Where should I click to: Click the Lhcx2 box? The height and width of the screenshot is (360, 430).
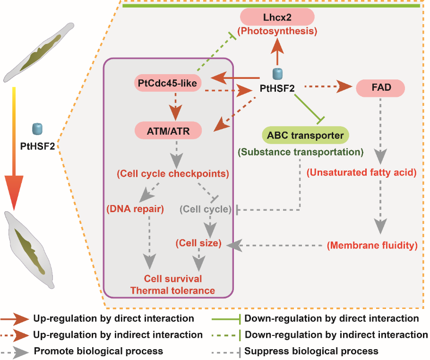pos(277,17)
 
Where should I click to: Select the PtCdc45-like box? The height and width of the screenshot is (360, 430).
pos(168,83)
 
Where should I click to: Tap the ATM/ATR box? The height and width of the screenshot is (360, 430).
pos(168,131)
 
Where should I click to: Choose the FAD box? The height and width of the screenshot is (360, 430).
pos(380,88)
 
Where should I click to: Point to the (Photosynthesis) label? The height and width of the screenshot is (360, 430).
pos(277,32)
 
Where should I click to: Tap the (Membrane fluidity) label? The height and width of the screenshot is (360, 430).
pos(371,245)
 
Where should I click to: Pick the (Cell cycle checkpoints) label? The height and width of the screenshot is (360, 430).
pos(172,173)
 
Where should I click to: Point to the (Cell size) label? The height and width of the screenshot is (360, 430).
pos(198,243)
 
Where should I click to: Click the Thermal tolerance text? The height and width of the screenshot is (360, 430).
pos(172,291)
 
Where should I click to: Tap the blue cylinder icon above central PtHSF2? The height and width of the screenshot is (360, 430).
pos(278,74)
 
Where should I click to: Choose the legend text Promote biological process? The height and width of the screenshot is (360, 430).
pos(98,351)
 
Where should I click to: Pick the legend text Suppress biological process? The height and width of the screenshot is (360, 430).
pos(312,351)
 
